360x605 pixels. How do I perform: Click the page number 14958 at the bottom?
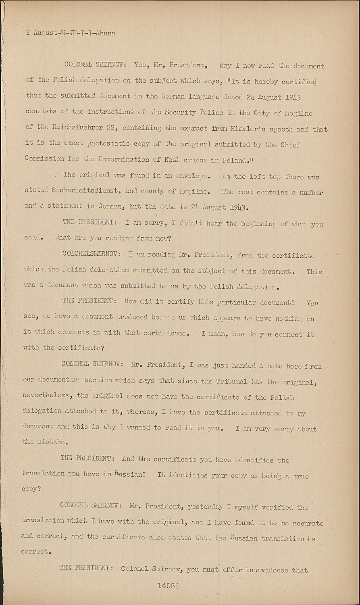coord(169,586)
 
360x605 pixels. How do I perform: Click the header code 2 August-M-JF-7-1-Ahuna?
coord(71,33)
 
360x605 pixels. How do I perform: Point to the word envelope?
coord(191,176)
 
